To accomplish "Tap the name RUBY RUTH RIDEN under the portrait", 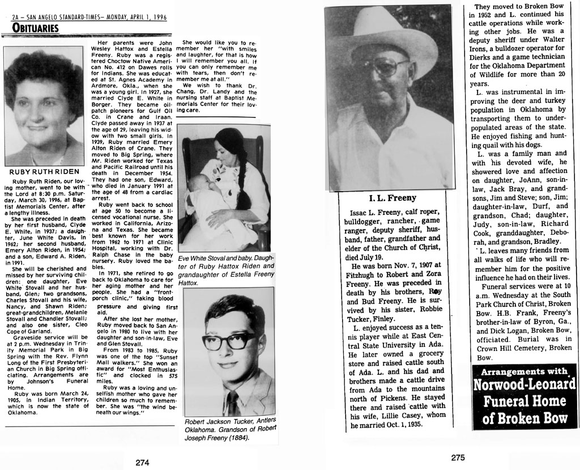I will pos(44,171).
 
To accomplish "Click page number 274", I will pos(142,462).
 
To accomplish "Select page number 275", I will pos(458,458).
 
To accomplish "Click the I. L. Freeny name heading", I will pos(393,198).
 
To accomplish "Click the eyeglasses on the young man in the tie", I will pos(229,341).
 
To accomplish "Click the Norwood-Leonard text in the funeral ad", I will pos(524,386).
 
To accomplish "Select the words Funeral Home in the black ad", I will pos(524,402).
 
